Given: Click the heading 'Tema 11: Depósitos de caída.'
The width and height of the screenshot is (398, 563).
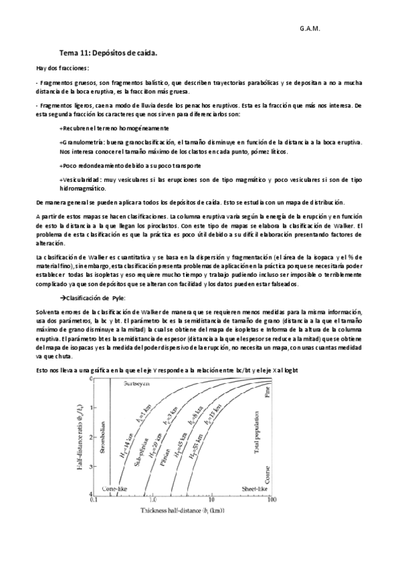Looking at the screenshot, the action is (x=108, y=51).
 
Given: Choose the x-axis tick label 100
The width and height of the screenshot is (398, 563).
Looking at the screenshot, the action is (x=270, y=499).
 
